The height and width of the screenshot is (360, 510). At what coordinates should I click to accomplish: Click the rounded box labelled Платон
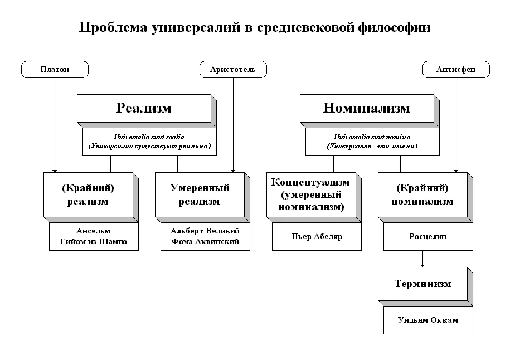point(55,69)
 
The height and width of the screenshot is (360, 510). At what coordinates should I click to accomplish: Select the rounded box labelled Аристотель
point(233,69)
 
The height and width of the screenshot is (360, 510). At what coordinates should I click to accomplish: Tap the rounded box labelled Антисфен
point(456,69)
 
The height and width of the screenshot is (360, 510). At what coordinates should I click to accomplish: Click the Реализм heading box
point(144,108)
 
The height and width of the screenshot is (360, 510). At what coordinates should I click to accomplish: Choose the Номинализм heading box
point(366,108)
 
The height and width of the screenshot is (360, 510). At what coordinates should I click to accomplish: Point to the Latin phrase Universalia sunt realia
point(149,137)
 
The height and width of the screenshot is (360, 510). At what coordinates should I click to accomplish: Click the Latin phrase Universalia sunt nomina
point(372,137)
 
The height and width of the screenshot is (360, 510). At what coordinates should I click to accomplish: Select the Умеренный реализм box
point(199,194)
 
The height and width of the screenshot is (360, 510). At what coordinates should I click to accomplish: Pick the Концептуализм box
point(310,194)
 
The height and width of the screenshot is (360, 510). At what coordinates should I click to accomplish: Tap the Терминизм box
point(422,284)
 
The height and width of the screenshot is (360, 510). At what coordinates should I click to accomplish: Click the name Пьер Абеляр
point(317,236)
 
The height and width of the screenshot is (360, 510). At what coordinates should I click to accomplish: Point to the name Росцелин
point(428,236)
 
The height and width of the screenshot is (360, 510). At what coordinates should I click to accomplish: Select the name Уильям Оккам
point(428,320)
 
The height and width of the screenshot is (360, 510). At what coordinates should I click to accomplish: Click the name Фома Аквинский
point(205,242)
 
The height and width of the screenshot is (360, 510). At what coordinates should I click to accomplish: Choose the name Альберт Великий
point(205,231)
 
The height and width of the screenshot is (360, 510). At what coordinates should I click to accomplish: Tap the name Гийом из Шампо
point(94,242)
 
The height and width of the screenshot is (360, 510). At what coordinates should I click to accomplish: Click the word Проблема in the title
point(113,28)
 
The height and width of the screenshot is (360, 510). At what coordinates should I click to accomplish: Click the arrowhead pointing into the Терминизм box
point(422,265)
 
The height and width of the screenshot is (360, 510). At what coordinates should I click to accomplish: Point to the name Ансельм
point(94,231)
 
